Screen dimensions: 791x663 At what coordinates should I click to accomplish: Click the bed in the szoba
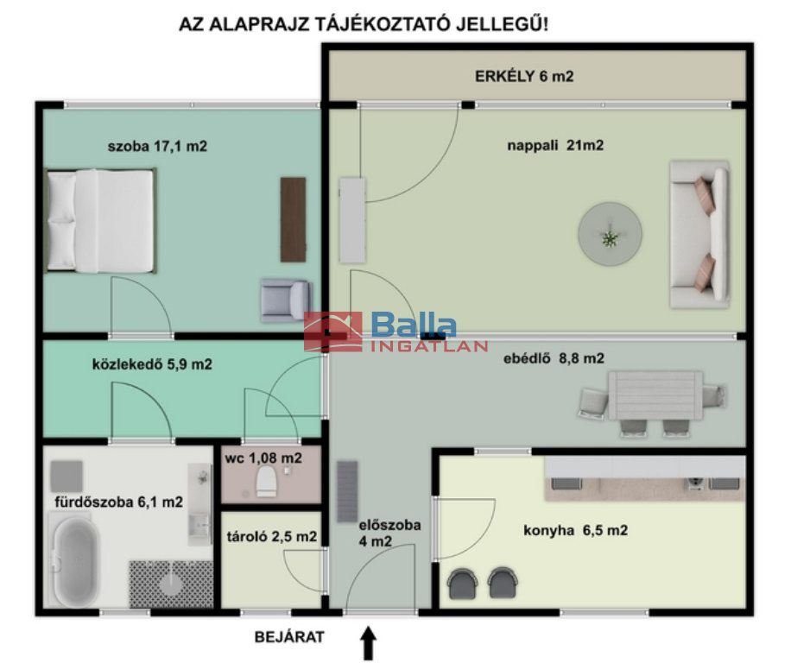[x=100, y=221]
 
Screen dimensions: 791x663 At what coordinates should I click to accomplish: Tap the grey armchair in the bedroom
[x=286, y=300]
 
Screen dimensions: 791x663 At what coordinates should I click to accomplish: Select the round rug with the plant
[x=610, y=233]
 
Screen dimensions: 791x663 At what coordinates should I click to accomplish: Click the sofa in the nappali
[x=699, y=234]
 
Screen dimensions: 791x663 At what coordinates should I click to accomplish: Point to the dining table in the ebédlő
[x=655, y=395]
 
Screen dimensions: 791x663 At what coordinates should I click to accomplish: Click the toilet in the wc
[x=266, y=481]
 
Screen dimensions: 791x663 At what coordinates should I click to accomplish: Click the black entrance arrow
[x=369, y=642]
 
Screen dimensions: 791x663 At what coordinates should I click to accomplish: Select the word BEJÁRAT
[x=289, y=637]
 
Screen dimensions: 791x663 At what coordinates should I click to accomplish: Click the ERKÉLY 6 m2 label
[x=524, y=76]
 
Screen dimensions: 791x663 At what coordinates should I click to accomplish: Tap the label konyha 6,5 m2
[x=576, y=530]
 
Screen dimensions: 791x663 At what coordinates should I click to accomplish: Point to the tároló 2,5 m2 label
[x=272, y=536]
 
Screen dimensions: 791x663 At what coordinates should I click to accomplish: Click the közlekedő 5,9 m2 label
[x=152, y=364]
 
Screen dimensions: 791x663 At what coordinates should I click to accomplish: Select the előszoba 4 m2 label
[x=389, y=533]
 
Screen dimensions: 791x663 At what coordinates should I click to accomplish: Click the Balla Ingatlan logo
[x=395, y=331]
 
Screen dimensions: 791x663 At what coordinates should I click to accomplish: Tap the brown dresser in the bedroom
[x=293, y=219]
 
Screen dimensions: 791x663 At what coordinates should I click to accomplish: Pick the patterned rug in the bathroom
[x=171, y=584]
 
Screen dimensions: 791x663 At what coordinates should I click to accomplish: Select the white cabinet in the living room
[x=352, y=220]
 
